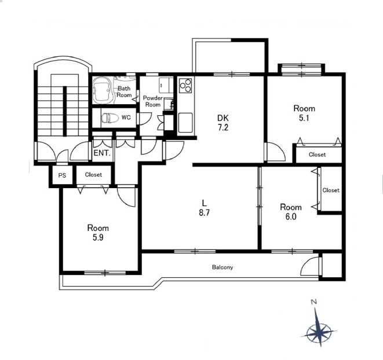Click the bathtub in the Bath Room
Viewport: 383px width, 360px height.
pyautogui.click(x=103, y=90)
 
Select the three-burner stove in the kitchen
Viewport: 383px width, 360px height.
pyautogui.click(x=185, y=85)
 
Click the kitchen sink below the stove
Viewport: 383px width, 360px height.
pyautogui.click(x=185, y=123)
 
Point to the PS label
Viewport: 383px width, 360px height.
pyautogui.click(x=62, y=175)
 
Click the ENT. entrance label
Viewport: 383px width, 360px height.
pyautogui.click(x=102, y=153)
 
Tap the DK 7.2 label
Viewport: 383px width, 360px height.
pyautogui.click(x=223, y=123)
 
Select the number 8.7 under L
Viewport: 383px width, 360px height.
pyautogui.click(x=204, y=212)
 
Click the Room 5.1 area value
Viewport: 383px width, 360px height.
pyautogui.click(x=304, y=118)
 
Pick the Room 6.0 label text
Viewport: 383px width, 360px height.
pyautogui.click(x=291, y=212)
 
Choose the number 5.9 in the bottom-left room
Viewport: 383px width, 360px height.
pyautogui.click(x=98, y=237)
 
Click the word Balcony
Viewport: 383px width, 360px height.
pyautogui.click(x=222, y=267)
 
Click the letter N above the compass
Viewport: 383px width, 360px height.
pyautogui.click(x=314, y=302)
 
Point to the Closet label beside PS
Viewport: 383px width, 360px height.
pyautogui.click(x=93, y=175)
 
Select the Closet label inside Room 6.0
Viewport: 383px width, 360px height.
pyautogui.click(x=331, y=190)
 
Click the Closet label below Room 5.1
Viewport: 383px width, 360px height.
pyautogui.click(x=317, y=155)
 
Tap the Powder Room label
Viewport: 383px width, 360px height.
pyautogui.click(x=152, y=101)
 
